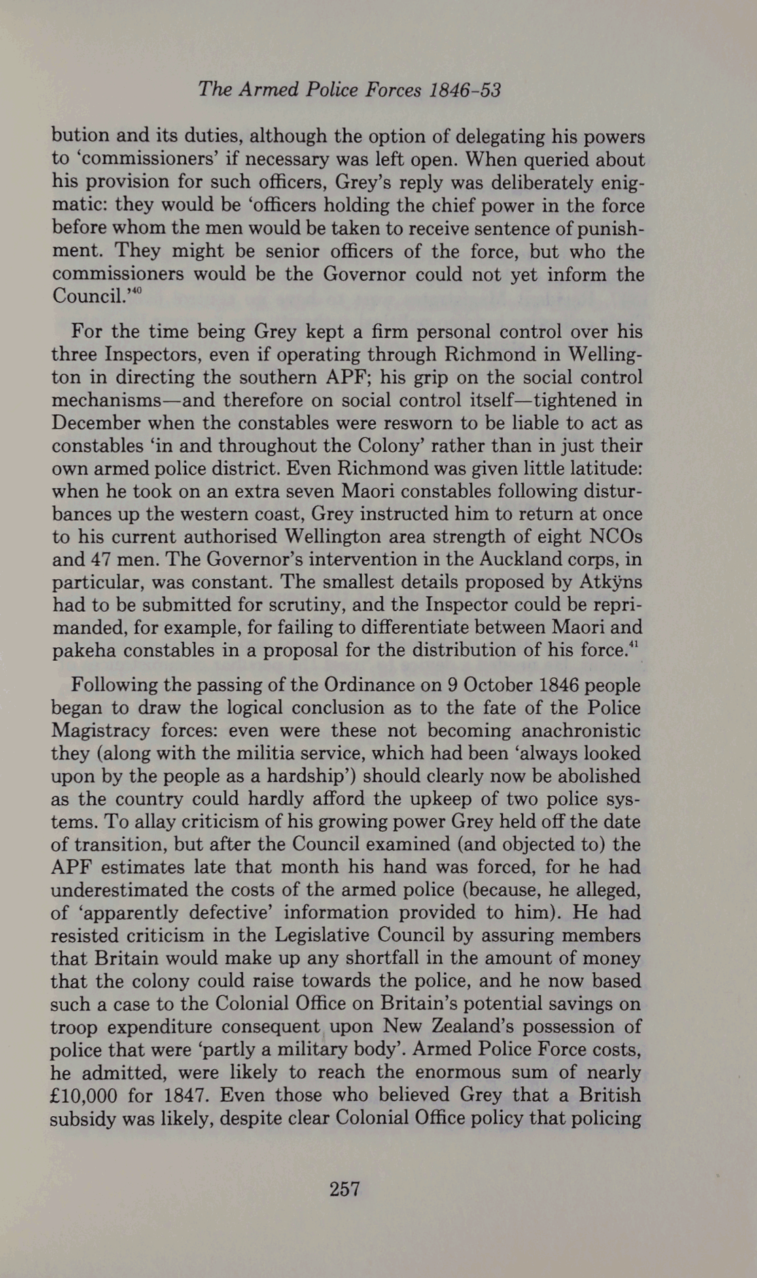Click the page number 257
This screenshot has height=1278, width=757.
point(344,1188)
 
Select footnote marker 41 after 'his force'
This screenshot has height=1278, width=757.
point(636,646)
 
